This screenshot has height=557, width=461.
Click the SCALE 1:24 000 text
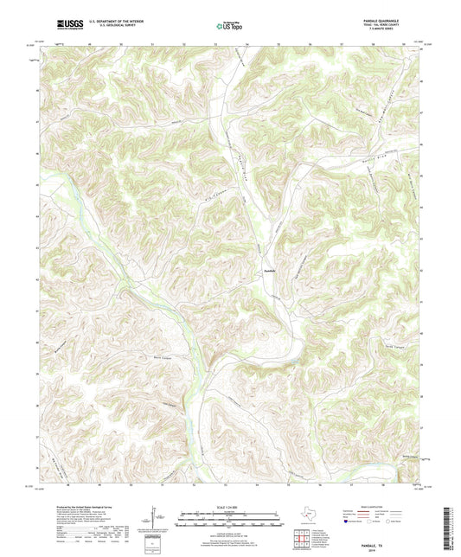(230, 506)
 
